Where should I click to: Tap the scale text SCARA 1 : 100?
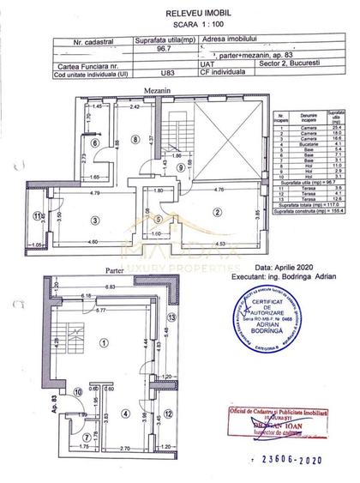pyautogui.click(x=181, y=24)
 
